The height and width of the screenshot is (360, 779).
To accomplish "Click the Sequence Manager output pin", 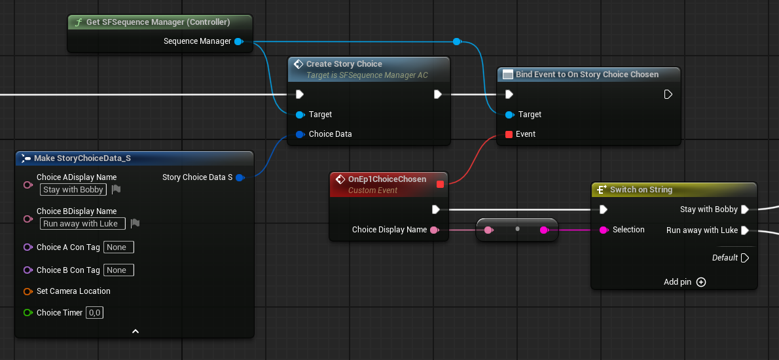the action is point(238,41).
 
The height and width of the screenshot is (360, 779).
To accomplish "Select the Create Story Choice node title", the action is point(344,64).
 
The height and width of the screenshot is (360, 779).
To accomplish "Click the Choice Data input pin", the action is point(300,134).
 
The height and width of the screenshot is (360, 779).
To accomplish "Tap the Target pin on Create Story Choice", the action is point(300,115).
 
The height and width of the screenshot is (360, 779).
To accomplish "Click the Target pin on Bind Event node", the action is point(509,115).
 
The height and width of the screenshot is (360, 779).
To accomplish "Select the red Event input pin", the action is point(509,134).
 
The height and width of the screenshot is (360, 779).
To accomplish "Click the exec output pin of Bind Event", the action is point(668,94).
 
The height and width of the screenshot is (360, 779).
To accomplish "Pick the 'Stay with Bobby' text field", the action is point(73,189).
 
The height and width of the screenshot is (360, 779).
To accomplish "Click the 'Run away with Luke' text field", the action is point(82,223).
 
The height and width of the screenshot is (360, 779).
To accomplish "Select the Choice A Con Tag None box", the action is point(118,247).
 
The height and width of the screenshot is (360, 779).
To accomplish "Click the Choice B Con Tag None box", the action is point(118,270).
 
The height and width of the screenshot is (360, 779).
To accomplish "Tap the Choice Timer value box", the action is point(95,313).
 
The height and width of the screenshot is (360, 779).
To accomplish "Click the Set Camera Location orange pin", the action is point(27,291).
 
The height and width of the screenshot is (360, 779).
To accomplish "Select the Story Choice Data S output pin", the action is point(240,177).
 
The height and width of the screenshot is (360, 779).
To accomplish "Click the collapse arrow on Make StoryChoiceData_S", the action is point(135,331).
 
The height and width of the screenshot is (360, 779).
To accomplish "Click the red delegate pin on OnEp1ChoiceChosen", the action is point(440,184).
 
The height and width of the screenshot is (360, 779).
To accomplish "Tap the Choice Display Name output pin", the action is point(434,230).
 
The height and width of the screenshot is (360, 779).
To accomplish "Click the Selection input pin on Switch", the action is point(604,230).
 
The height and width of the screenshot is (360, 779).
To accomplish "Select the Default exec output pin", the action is point(745,258).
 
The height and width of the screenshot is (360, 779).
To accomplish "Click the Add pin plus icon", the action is point(701,282).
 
